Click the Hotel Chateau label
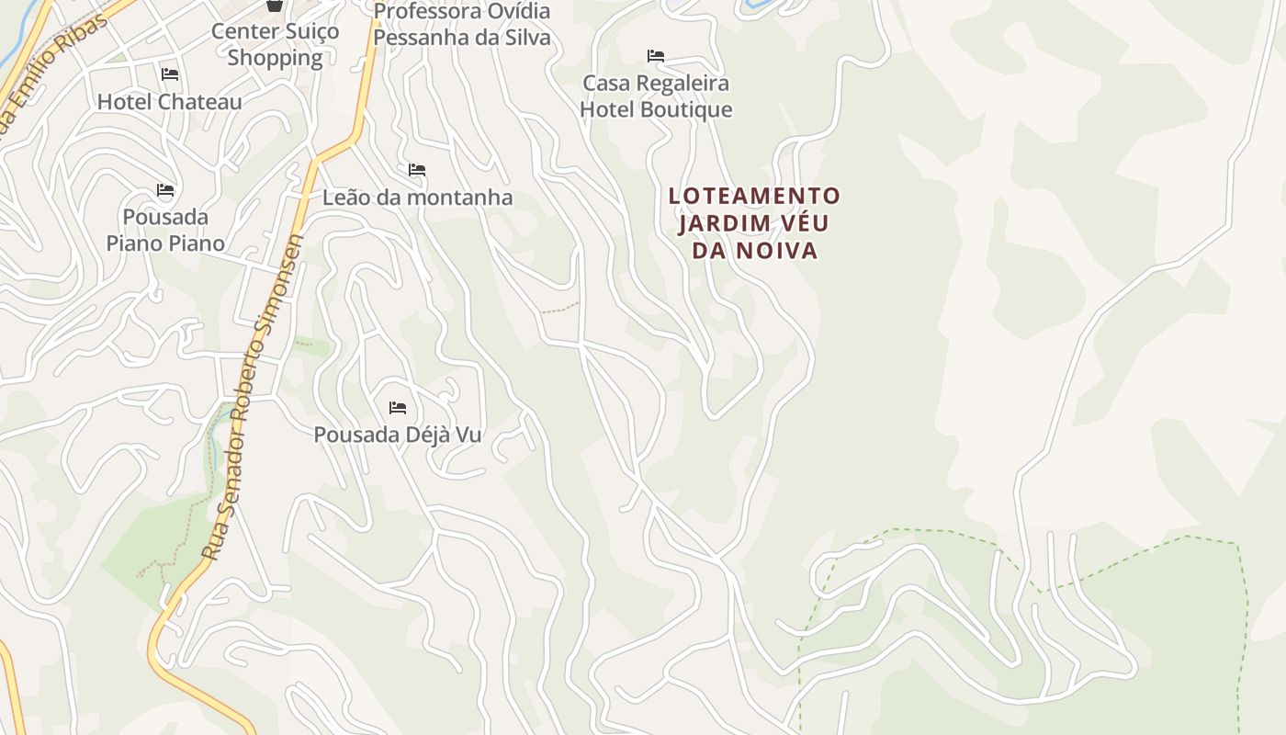coord(170,102)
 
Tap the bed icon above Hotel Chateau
coord(170,73)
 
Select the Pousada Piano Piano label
coord(165,230)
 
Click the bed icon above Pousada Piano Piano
coord(165,190)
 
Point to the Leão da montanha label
coord(417,198)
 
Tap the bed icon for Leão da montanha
coord(417,170)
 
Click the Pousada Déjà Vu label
coord(398,435)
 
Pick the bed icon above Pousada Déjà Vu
coord(398,407)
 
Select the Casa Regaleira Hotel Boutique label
coord(656,96)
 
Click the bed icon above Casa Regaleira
coord(656,56)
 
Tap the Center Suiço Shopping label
coord(275,44)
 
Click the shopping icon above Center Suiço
coord(274,6)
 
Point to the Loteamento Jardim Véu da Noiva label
coord(755,223)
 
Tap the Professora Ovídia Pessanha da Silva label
coord(462,25)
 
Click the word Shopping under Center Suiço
coord(275,58)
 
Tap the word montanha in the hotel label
coord(458,198)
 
